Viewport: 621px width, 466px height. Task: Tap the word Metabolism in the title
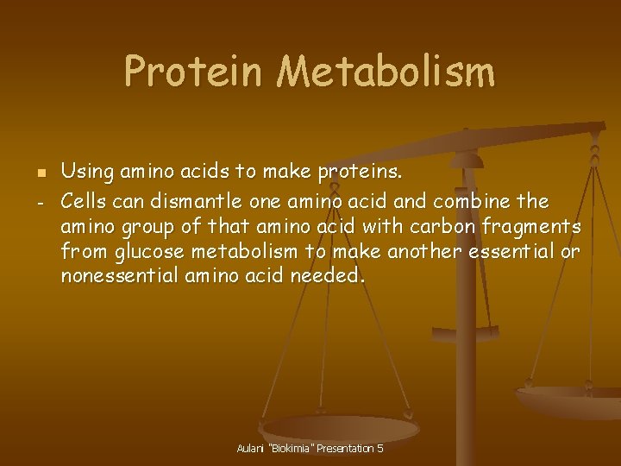pyautogui.click(x=386, y=72)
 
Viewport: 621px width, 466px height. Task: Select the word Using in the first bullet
pyautogui.click(x=88, y=173)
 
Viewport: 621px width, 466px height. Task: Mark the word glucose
pyautogui.click(x=147, y=252)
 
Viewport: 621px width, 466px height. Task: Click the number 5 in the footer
pyautogui.click(x=380, y=449)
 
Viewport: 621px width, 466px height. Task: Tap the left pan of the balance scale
pyautogui.click(x=339, y=427)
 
